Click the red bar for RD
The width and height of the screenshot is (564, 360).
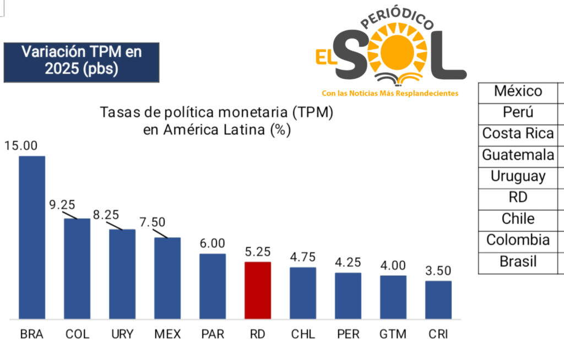258,290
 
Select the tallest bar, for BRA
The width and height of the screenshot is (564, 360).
32,237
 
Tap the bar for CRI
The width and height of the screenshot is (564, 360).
438,300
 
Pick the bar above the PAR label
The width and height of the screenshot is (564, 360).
213,286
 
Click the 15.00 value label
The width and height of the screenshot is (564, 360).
21,146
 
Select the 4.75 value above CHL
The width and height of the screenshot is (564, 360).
303,257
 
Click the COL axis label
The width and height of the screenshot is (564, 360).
77,334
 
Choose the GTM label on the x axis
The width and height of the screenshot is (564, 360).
393,334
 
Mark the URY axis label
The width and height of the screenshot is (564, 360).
122,334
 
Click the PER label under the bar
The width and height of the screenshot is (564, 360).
348,334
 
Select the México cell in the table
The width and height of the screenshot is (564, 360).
518,91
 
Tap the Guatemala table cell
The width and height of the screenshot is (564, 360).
518,155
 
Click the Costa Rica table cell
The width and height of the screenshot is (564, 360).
518,134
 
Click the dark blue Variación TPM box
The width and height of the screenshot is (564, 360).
82,62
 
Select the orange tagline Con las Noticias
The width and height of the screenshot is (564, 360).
390,94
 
